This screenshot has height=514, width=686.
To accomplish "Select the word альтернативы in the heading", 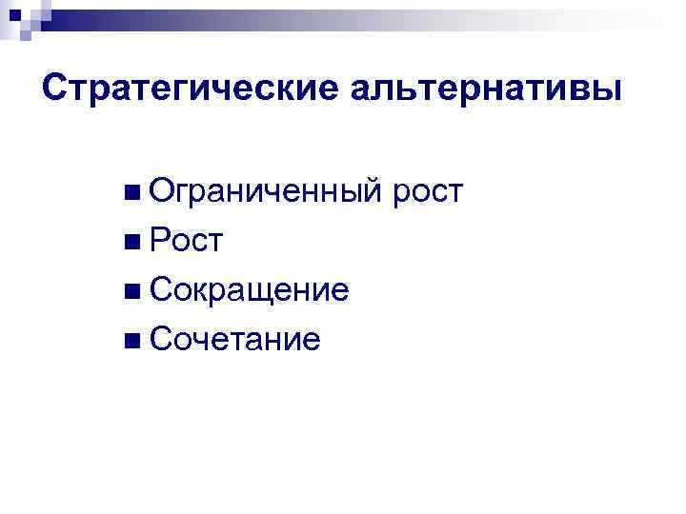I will pyautogui.click(x=487, y=89).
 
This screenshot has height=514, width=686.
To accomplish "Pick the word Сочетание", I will pyautogui.click(x=234, y=338).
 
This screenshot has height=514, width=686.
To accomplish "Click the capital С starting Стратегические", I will pyautogui.click(x=56, y=89).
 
